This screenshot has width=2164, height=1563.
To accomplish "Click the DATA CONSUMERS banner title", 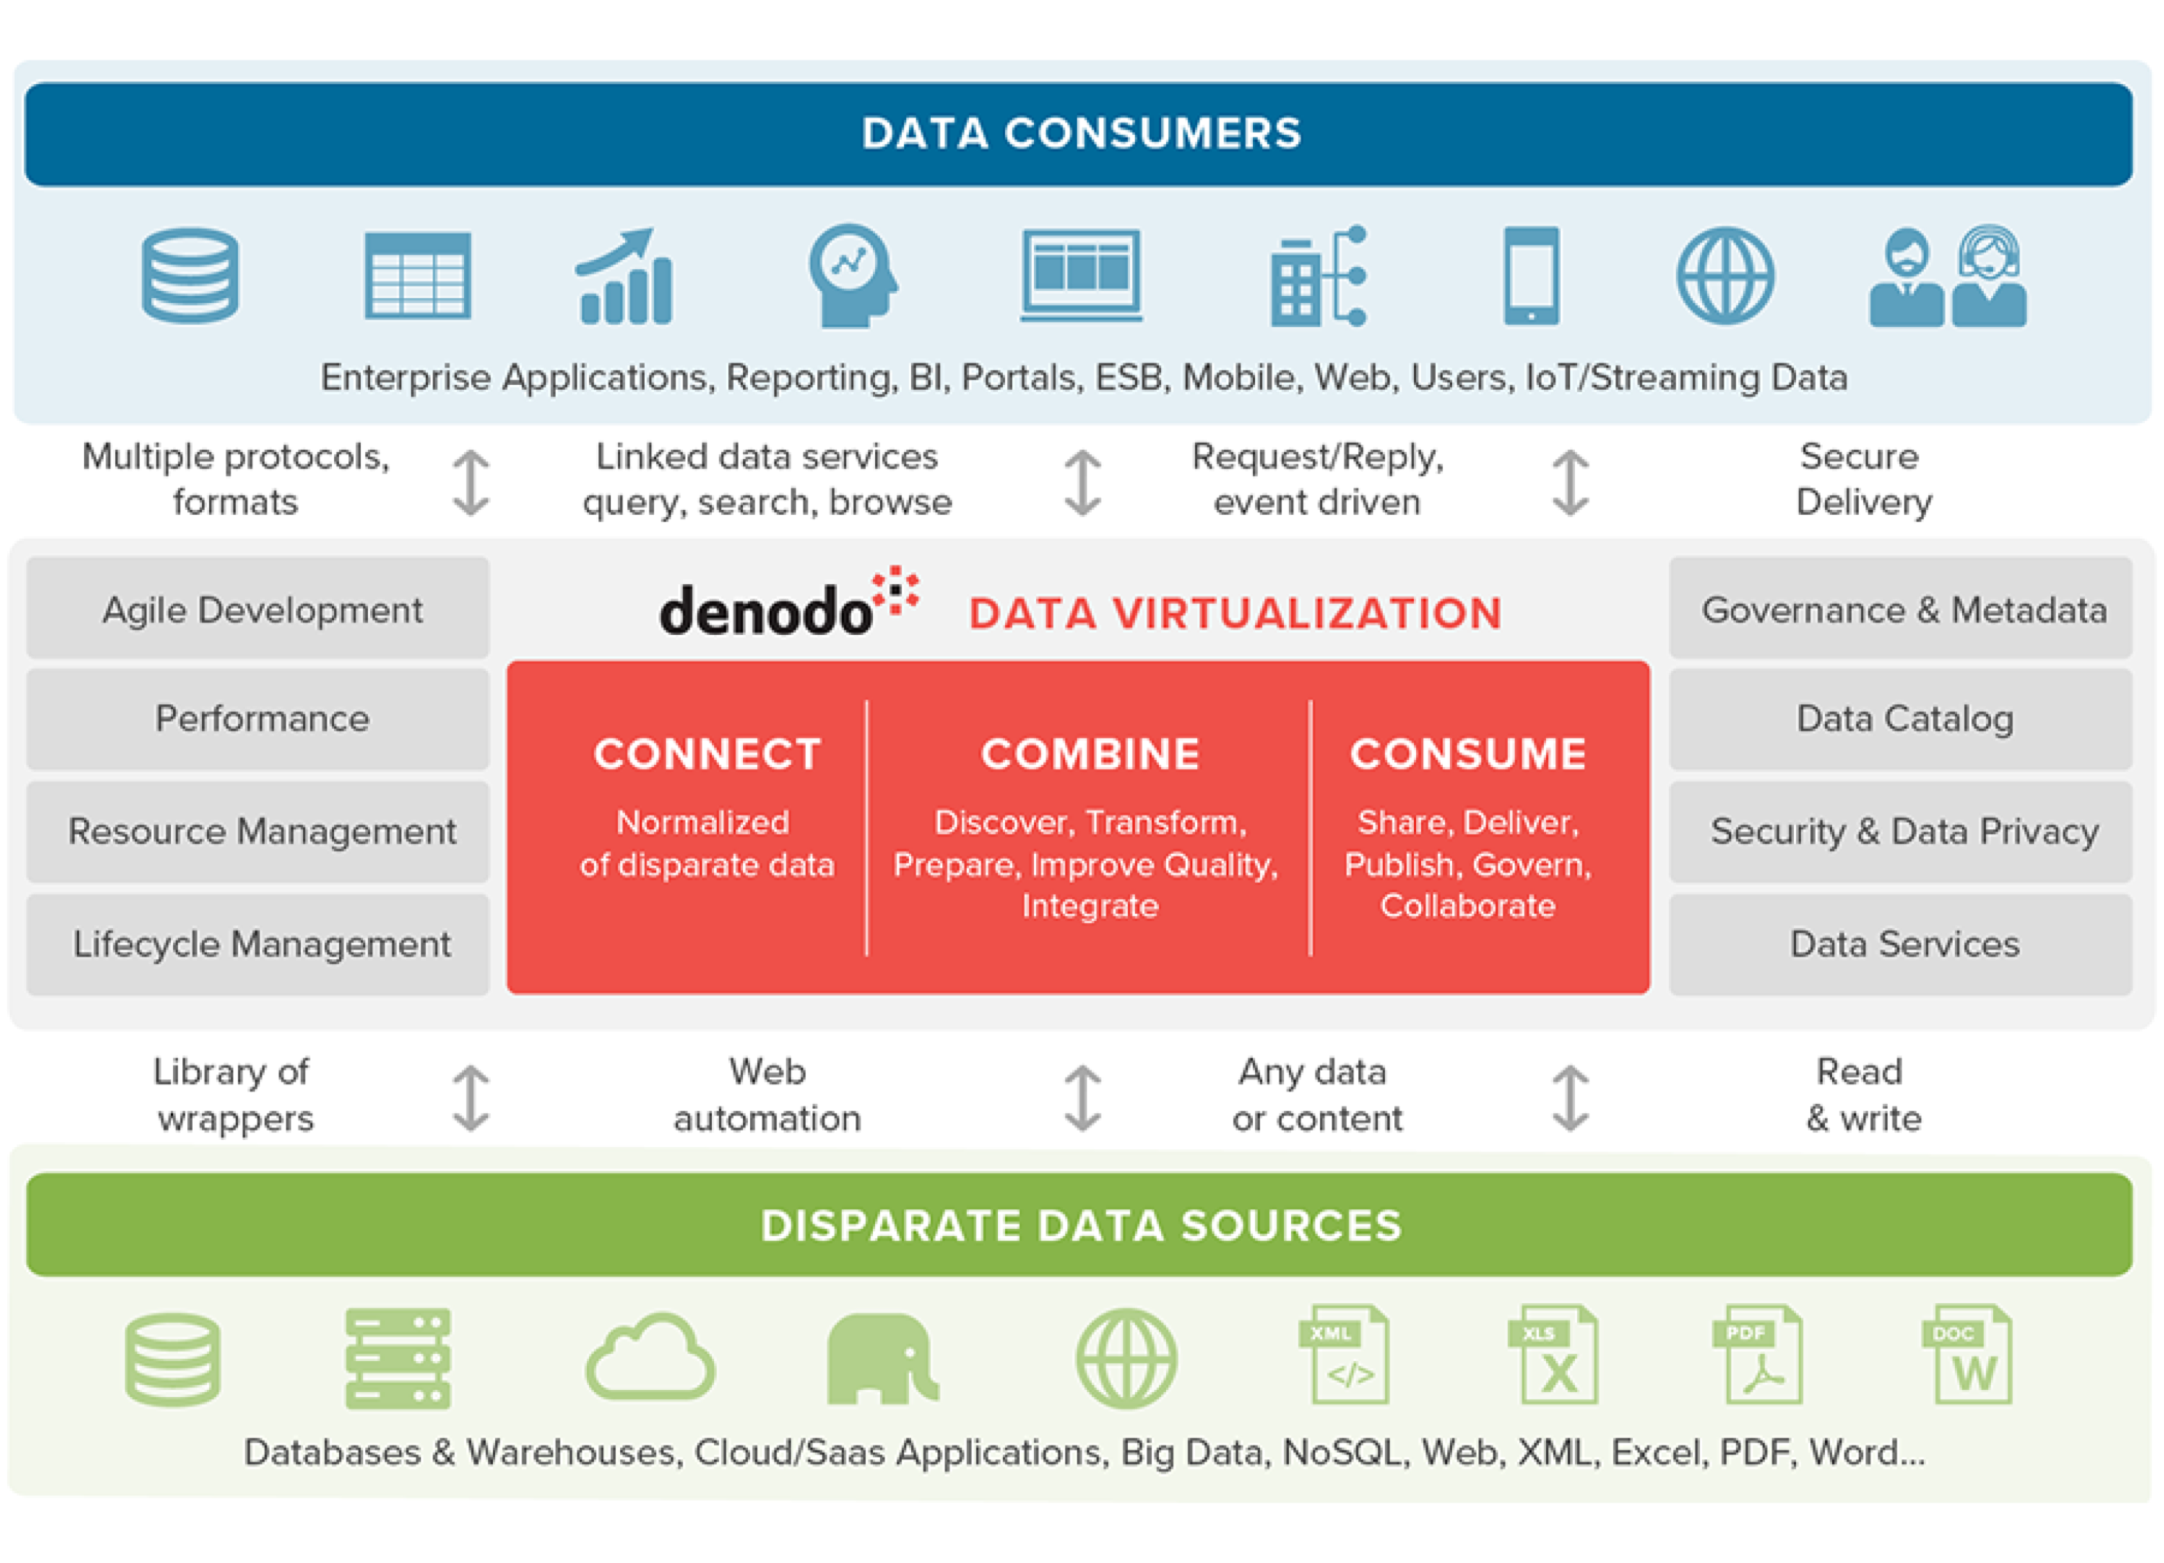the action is (x=1081, y=133).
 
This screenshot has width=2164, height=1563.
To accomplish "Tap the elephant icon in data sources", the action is (x=883, y=1358).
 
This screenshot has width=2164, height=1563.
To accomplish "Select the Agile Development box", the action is (x=258, y=608).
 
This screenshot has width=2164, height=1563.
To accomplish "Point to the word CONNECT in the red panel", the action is (x=707, y=754).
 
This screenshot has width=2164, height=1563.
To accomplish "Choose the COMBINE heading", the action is (x=1090, y=754).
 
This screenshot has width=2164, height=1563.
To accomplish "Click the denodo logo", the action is (x=789, y=603).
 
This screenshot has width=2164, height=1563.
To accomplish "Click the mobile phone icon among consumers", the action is (x=1531, y=276).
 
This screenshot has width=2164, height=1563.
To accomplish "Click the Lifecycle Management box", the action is (x=258, y=945).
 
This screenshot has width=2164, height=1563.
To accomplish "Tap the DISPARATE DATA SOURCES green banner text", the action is (x=1081, y=1225).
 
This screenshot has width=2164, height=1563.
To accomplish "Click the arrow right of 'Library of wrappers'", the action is (x=472, y=1098).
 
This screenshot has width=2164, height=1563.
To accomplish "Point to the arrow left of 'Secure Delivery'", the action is (x=1570, y=483).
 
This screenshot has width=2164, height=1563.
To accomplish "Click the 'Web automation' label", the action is (x=767, y=1095).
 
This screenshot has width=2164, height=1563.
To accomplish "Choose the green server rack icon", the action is (x=398, y=1359).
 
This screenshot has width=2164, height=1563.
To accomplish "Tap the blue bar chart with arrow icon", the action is (x=625, y=276).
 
